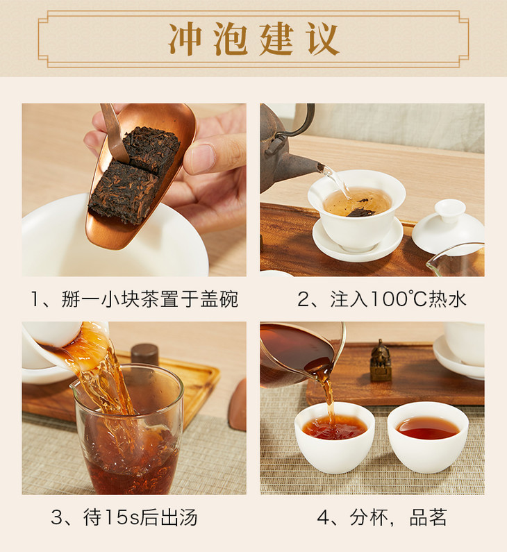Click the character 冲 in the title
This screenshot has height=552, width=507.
[x=185, y=39]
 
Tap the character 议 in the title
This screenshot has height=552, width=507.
[x=322, y=39]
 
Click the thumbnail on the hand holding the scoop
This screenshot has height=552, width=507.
[x=200, y=158]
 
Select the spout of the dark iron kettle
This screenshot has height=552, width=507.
[x=307, y=167]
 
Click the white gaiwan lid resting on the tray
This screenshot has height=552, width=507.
[x=448, y=225]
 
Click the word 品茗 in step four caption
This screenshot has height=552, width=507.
[x=428, y=517]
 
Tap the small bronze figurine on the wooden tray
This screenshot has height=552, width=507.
[x=381, y=360]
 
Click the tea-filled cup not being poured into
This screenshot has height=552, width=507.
[x=428, y=437]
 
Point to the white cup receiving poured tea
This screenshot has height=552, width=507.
[x=335, y=438]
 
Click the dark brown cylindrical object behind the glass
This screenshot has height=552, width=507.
[x=144, y=356]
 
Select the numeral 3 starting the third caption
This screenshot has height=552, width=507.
[x=56, y=517]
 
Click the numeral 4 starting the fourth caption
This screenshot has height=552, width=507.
[x=323, y=517]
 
